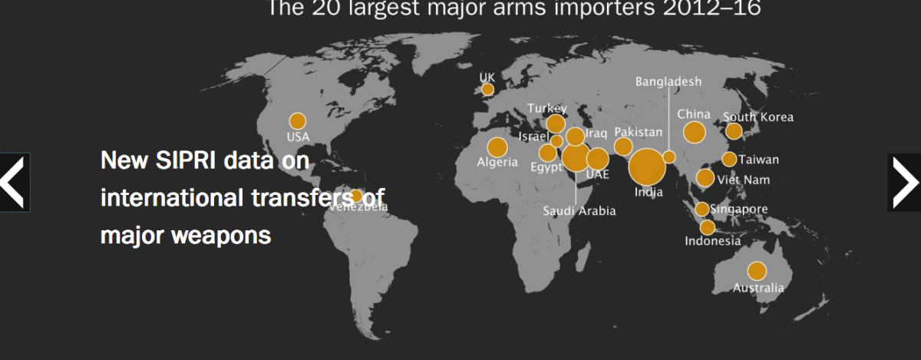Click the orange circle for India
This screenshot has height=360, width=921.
pyautogui.click(x=647, y=168)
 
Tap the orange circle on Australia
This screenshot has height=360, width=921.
pyautogui.click(x=757, y=271)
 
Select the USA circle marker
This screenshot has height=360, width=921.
pyautogui.click(x=297, y=121)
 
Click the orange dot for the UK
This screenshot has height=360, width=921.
pyautogui.click(x=487, y=90)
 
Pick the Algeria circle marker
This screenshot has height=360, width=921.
pyautogui.click(x=497, y=147)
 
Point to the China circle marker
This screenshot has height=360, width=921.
pyautogui.click(x=695, y=133)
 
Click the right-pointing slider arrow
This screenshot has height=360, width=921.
pyautogui.click(x=904, y=182)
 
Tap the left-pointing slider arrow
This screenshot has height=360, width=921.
pyautogui.click(x=15, y=182)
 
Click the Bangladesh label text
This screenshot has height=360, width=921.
pyautogui.click(x=668, y=81)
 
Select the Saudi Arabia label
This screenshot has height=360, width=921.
pyautogui.click(x=579, y=211)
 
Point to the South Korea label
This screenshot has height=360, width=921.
pyautogui.click(x=758, y=117)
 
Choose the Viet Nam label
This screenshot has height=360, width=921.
pyautogui.click(x=743, y=180)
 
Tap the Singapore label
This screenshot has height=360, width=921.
pyautogui.click(x=738, y=209)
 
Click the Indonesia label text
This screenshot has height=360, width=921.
pyautogui.click(x=713, y=241)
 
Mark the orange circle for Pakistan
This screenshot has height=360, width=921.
pyautogui.click(x=623, y=147)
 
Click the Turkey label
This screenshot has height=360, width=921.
pyautogui.click(x=546, y=109)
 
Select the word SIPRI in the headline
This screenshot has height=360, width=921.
pyautogui.click(x=191, y=161)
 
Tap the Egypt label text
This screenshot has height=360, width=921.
pyautogui.click(x=546, y=167)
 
